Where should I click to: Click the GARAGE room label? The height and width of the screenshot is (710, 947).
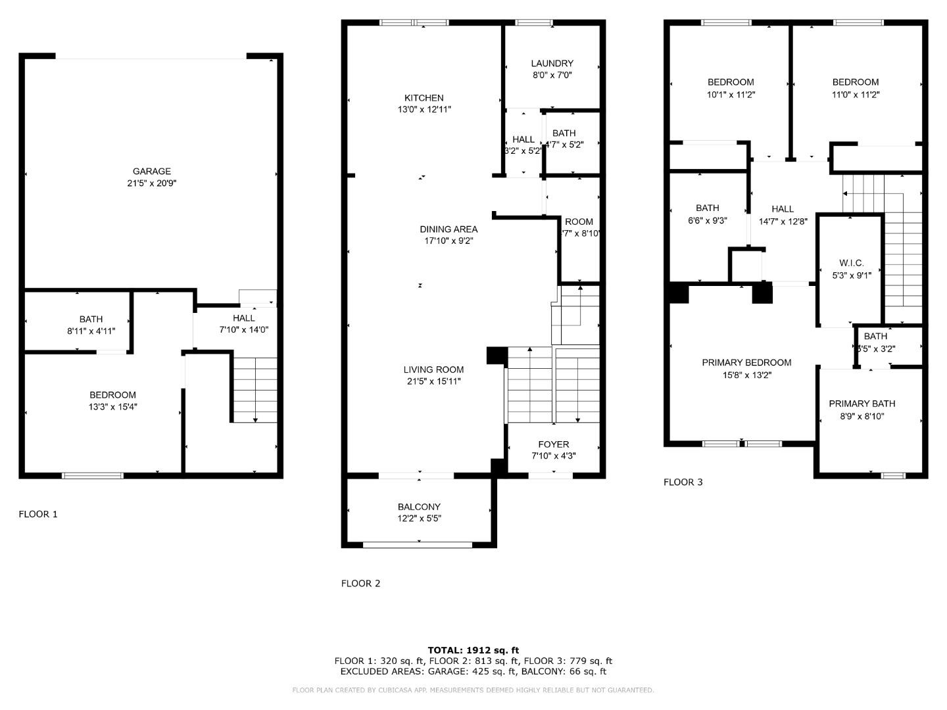(151, 172)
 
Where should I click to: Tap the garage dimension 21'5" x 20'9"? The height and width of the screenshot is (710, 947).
(151, 183)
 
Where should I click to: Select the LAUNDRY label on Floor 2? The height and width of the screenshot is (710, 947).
(552, 63)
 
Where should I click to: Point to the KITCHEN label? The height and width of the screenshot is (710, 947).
(424, 98)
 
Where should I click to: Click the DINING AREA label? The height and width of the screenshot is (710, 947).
(449, 229)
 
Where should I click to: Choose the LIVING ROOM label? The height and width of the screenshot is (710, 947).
(433, 369)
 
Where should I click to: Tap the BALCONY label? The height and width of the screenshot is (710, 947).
(419, 507)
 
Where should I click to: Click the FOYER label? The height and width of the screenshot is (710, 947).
(553, 444)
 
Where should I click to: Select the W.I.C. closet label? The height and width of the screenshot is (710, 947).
(852, 263)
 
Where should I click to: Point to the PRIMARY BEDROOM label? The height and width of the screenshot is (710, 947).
(746, 362)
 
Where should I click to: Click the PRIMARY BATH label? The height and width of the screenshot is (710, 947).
(862, 404)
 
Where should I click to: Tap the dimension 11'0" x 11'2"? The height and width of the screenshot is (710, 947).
(855, 94)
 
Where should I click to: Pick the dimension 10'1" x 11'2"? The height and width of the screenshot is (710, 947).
(730, 94)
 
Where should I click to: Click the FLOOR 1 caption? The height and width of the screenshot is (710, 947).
(38, 514)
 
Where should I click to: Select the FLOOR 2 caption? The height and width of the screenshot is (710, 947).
(360, 583)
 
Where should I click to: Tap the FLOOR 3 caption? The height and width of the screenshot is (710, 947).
(683, 482)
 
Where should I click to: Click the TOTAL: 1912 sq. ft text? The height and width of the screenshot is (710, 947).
(473, 650)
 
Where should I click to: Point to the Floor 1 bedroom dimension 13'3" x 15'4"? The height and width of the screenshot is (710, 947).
(112, 407)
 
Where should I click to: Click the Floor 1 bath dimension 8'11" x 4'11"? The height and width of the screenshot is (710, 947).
(91, 331)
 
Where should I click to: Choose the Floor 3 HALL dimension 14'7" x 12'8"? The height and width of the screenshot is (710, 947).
(783, 222)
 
